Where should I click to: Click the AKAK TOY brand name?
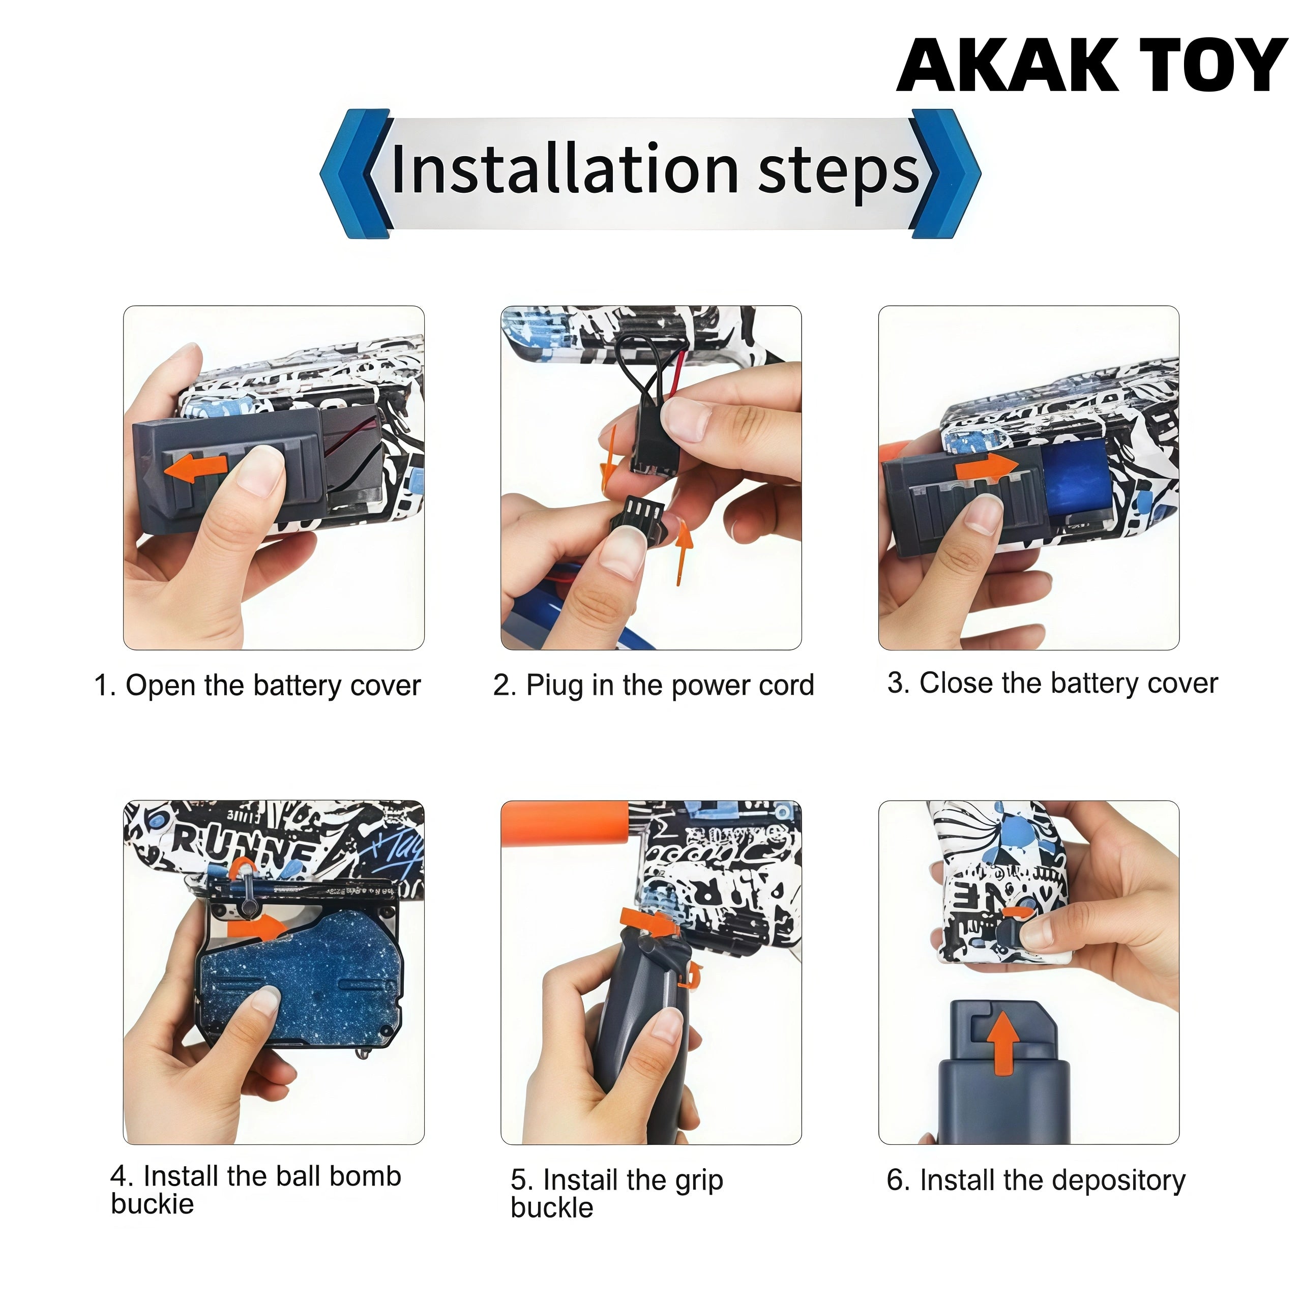click(x=1092, y=66)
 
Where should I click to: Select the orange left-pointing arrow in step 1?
click(x=197, y=467)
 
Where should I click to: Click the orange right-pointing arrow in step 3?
click(x=987, y=466)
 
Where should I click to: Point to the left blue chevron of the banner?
click(x=357, y=173)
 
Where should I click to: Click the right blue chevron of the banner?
click(x=944, y=173)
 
